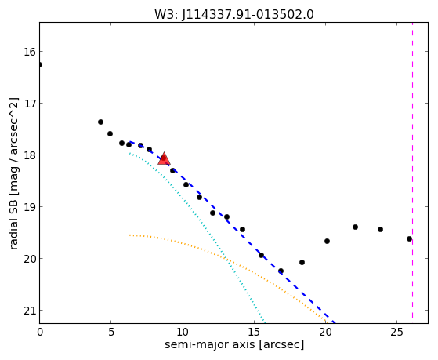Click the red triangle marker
[x=164, y=158]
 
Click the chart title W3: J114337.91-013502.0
[x=234, y=15]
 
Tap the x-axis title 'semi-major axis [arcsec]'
[x=234, y=344]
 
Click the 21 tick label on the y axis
[x=30, y=311]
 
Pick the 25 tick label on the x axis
[x=397, y=332]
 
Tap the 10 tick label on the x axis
[x=183, y=332]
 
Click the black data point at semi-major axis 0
[x=40, y=65]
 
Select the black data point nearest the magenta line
[x=409, y=239]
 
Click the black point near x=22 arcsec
[x=355, y=227]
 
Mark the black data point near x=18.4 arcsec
[x=302, y=263]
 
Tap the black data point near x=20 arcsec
[x=327, y=241]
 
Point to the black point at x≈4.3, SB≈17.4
[x=100, y=122]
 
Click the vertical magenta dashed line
[x=412, y=173]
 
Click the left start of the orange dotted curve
[x=129, y=235]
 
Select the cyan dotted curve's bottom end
[x=264, y=322]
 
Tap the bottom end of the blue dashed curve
[x=335, y=322]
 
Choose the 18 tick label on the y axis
[x=30, y=155]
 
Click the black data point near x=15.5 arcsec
[x=261, y=255]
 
